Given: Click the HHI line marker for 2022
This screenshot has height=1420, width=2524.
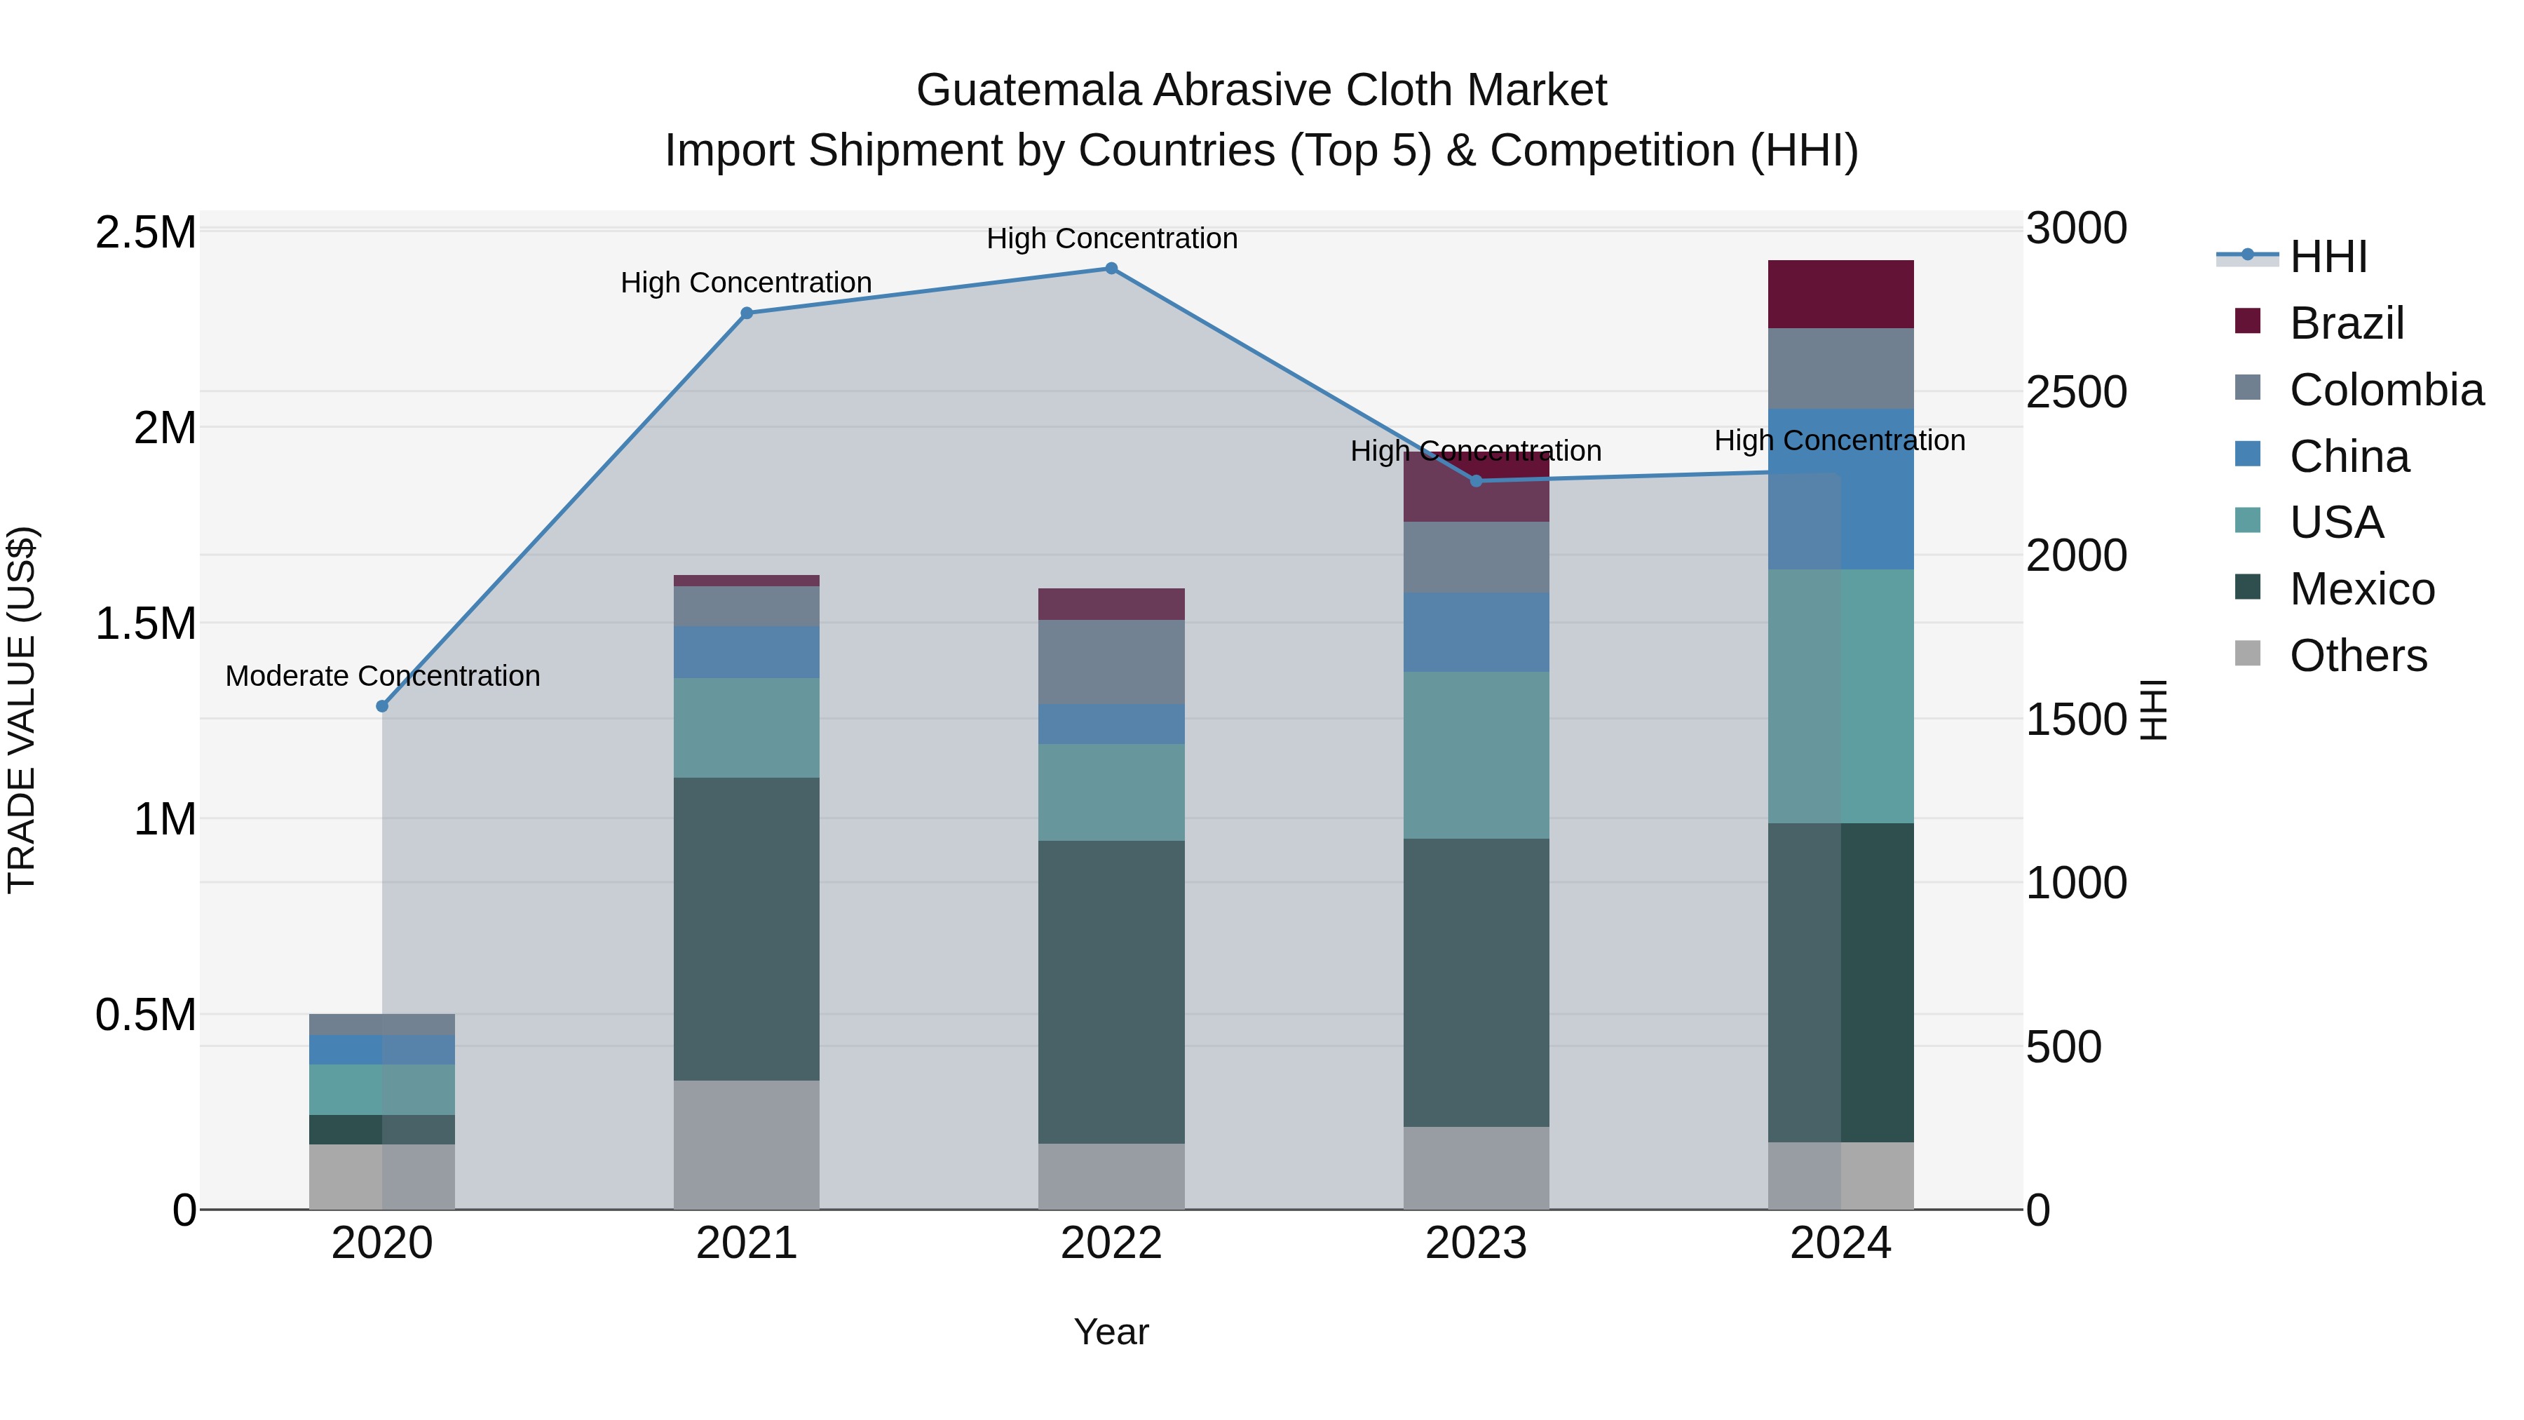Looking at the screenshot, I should point(1111,269).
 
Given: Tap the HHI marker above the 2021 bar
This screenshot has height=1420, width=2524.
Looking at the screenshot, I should point(747,313).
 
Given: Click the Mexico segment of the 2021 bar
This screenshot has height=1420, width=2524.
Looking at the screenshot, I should point(747,929).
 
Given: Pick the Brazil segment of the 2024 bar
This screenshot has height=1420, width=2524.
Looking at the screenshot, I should point(1840,294).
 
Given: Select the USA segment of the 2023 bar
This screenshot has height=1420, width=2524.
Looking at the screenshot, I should point(1476,755).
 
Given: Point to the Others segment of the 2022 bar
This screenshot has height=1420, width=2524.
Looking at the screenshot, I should point(1111,1176).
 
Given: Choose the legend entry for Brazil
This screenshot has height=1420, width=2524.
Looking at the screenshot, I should point(2346,323).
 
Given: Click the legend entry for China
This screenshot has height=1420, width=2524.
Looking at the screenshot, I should point(2349,457).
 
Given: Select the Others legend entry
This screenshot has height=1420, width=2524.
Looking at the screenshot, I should point(2357,656).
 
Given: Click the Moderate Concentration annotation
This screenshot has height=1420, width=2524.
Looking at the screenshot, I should point(382,676).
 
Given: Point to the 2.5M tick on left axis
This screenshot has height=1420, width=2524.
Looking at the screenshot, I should point(146,234).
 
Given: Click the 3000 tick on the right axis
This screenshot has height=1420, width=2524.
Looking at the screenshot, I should point(2076,229).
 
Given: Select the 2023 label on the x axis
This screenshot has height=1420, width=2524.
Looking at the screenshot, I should point(1476,1243).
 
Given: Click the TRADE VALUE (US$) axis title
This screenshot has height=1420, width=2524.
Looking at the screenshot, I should point(22,710).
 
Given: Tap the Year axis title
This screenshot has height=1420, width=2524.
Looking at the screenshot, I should point(1111,1332).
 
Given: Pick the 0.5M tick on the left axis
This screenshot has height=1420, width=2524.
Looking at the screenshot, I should point(146,1015).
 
